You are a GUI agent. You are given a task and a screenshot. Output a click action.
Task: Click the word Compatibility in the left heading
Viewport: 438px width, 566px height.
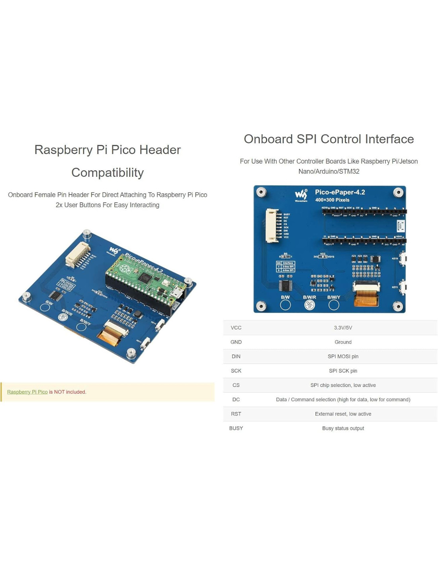[108, 173]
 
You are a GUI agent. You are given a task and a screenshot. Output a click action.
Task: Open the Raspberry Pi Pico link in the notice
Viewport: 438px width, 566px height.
[27, 392]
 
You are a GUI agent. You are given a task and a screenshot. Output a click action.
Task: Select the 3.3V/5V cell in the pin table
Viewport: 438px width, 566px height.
[343, 328]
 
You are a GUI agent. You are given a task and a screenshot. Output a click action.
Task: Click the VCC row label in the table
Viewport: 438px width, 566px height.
[236, 328]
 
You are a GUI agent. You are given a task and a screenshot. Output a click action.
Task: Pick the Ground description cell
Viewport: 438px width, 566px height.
[343, 342]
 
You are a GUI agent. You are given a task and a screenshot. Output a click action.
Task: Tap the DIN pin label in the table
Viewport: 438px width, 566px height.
[236, 357]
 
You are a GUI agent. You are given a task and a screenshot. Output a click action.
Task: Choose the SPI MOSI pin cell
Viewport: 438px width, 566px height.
[343, 357]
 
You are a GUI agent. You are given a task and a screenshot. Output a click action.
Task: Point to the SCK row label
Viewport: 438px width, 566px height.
[236, 371]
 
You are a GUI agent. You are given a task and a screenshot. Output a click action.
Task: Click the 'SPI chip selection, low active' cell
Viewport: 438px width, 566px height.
[343, 385]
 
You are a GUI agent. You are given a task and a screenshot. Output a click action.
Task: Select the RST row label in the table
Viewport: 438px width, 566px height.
[236, 414]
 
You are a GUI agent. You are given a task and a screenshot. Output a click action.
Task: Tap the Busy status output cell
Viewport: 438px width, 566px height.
[343, 428]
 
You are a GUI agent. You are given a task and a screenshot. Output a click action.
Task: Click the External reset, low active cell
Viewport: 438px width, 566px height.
[343, 414]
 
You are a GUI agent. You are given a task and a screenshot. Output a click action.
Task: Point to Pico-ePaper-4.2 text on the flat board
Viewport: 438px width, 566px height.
[340, 192]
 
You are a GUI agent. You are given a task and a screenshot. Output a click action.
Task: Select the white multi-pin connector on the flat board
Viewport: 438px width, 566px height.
[272, 226]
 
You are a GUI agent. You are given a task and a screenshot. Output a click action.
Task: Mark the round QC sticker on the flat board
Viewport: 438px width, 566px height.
[309, 305]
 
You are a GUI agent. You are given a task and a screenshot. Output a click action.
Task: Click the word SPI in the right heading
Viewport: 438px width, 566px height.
[306, 139]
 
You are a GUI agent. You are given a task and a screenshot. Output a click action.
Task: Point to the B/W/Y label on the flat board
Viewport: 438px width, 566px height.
[334, 297]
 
